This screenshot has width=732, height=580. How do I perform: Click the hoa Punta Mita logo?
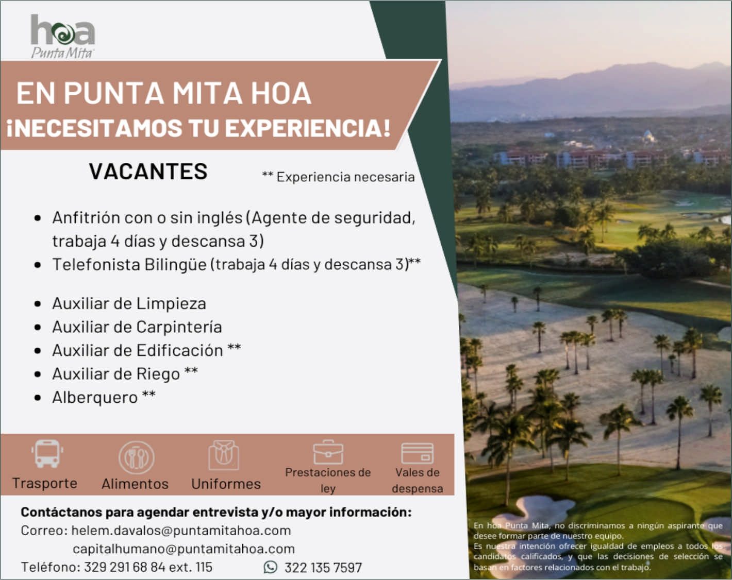62,36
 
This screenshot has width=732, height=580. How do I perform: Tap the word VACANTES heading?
148,172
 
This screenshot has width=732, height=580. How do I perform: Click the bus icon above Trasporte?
47,454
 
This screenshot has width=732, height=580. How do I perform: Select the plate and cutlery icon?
136,457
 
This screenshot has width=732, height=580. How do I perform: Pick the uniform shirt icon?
224,455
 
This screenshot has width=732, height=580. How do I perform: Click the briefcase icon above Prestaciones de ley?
328,452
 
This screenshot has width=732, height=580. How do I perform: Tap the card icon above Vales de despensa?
417,453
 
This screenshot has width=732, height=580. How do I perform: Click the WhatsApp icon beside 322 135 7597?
270,567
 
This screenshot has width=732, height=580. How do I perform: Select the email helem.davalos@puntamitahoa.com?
181,531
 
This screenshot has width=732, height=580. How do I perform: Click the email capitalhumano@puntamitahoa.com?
184,549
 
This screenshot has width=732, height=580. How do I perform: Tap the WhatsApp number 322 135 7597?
323,568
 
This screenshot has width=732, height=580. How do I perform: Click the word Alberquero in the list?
95,398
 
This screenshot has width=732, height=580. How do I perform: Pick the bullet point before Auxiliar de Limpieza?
38,304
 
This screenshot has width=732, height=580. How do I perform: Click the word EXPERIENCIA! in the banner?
307,128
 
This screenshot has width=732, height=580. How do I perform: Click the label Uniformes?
226,484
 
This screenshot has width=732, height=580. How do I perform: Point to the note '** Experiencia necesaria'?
338,177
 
